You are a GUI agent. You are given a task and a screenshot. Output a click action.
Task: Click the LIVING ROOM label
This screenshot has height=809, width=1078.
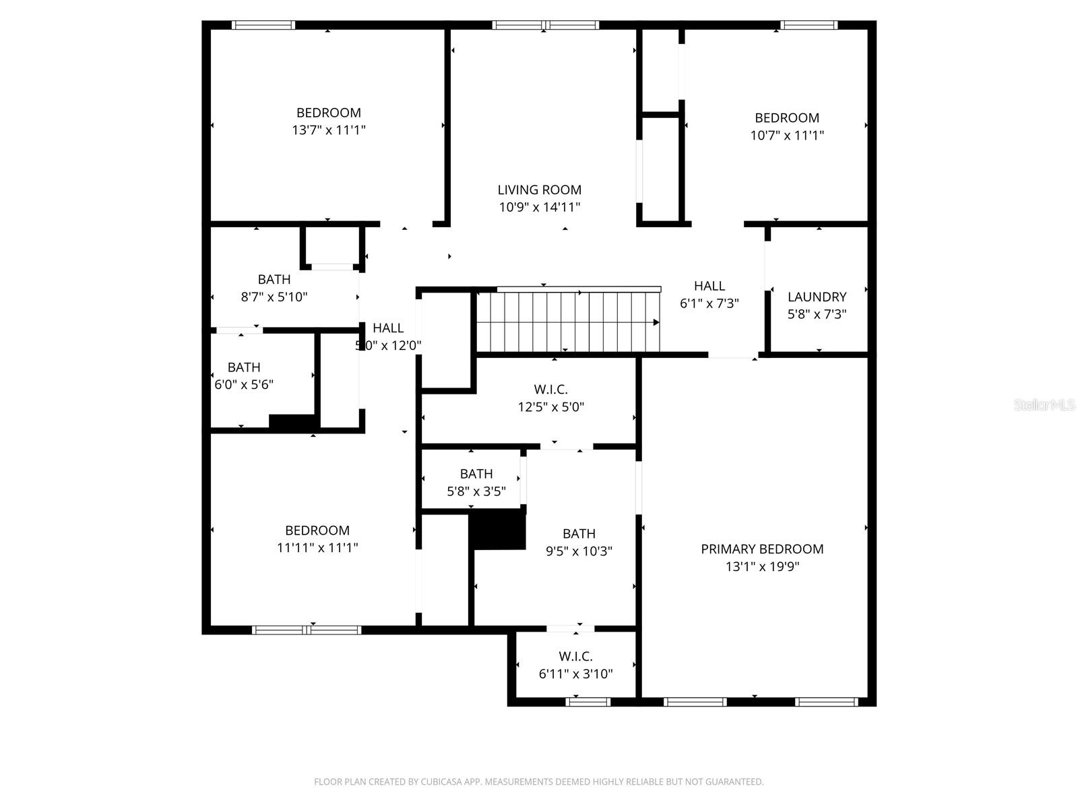539,190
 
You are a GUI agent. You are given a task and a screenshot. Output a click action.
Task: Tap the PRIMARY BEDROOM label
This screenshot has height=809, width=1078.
762,549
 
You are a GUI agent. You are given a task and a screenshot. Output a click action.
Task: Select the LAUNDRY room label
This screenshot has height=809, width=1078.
817,297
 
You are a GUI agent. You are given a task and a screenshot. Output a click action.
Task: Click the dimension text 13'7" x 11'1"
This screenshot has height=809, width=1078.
328,130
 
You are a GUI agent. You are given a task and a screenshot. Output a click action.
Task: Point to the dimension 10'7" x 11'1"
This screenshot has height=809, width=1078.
787,135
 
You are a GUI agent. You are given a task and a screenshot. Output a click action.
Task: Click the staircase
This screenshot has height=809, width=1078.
566,322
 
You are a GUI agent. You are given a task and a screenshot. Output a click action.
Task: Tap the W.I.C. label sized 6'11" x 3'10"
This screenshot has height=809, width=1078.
575,656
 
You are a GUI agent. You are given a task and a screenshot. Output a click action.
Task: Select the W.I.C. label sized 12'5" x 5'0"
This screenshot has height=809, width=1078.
550,389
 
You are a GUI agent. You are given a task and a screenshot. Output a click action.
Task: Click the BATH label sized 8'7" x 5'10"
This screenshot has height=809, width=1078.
274,279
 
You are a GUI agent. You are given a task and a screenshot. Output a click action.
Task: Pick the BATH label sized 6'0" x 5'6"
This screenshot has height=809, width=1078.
244,367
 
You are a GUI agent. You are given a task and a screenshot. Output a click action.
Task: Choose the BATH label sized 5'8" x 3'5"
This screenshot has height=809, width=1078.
476,474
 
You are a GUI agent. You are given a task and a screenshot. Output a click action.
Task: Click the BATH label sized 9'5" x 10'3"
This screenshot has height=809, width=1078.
579,533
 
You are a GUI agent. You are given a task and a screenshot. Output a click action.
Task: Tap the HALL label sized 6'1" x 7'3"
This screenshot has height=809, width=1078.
709,286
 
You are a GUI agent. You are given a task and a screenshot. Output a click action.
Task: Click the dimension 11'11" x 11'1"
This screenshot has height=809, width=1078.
317,548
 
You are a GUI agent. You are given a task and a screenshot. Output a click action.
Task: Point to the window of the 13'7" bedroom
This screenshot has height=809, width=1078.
263,26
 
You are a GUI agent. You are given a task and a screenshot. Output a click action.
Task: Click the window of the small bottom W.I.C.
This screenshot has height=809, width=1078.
588,702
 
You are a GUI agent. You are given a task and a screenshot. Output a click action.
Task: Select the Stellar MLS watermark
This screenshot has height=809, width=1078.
1045,405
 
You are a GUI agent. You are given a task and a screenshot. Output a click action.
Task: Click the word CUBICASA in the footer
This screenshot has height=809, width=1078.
440,782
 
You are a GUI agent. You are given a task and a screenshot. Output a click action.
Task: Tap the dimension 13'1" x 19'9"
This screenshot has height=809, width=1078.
762,566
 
